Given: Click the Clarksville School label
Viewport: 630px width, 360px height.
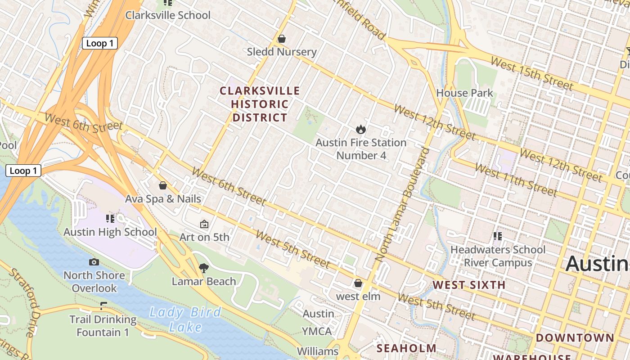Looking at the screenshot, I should [x=167, y=15].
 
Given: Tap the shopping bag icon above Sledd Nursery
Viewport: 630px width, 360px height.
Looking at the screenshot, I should [x=282, y=39].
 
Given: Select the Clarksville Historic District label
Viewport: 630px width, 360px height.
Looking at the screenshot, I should [x=260, y=104].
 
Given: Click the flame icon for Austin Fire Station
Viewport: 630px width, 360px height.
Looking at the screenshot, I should [x=360, y=130].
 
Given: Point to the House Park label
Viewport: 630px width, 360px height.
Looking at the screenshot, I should [x=464, y=93].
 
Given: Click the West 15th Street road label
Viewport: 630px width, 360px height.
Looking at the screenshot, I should [x=531, y=73].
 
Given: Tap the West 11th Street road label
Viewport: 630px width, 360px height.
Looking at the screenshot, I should [x=516, y=180].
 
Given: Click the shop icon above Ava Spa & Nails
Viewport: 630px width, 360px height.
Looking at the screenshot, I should [x=163, y=185].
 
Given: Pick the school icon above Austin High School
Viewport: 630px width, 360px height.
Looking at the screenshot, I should [x=110, y=219].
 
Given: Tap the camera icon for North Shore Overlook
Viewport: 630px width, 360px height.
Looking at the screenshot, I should [x=94, y=262].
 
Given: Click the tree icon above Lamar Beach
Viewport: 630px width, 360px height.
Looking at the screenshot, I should [x=203, y=268].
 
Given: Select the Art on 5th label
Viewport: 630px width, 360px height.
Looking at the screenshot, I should [x=204, y=237].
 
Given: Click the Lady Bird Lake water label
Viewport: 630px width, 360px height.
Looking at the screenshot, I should [x=185, y=319].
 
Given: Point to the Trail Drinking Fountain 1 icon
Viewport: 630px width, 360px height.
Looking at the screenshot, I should [x=103, y=306].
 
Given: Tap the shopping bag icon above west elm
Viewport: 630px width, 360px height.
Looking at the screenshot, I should [x=358, y=283].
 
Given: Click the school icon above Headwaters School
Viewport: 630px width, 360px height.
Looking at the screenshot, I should [x=497, y=236].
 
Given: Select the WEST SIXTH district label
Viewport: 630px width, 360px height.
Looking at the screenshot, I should [x=469, y=285].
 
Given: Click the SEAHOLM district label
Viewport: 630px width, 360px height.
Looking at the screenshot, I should [x=406, y=348].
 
